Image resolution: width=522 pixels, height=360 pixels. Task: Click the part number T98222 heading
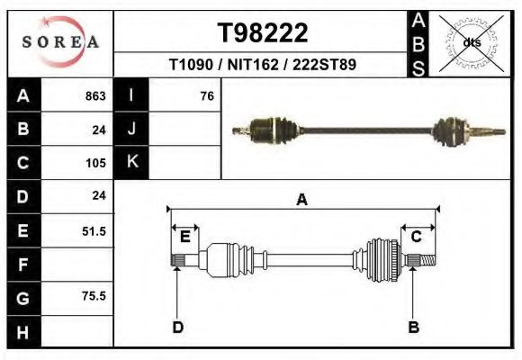(263, 33)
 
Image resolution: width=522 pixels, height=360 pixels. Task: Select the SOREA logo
(60, 41)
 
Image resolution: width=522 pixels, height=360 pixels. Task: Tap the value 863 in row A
(94, 96)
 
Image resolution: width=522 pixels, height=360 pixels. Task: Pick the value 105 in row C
(94, 163)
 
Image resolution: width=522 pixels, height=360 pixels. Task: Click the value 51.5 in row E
(94, 231)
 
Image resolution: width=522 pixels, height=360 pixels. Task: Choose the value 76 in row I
(206, 96)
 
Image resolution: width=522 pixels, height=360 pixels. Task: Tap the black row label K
(131, 163)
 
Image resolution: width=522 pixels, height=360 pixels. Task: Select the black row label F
(22, 265)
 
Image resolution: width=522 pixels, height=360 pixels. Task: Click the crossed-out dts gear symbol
(472, 42)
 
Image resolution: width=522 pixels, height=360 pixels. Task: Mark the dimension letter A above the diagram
(301, 200)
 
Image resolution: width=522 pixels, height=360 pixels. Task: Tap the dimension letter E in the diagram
(184, 237)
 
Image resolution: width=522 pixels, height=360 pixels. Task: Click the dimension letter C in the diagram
(417, 237)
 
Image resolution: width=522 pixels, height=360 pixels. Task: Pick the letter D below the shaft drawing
(177, 327)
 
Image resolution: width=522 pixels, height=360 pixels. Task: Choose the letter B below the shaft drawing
(414, 327)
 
